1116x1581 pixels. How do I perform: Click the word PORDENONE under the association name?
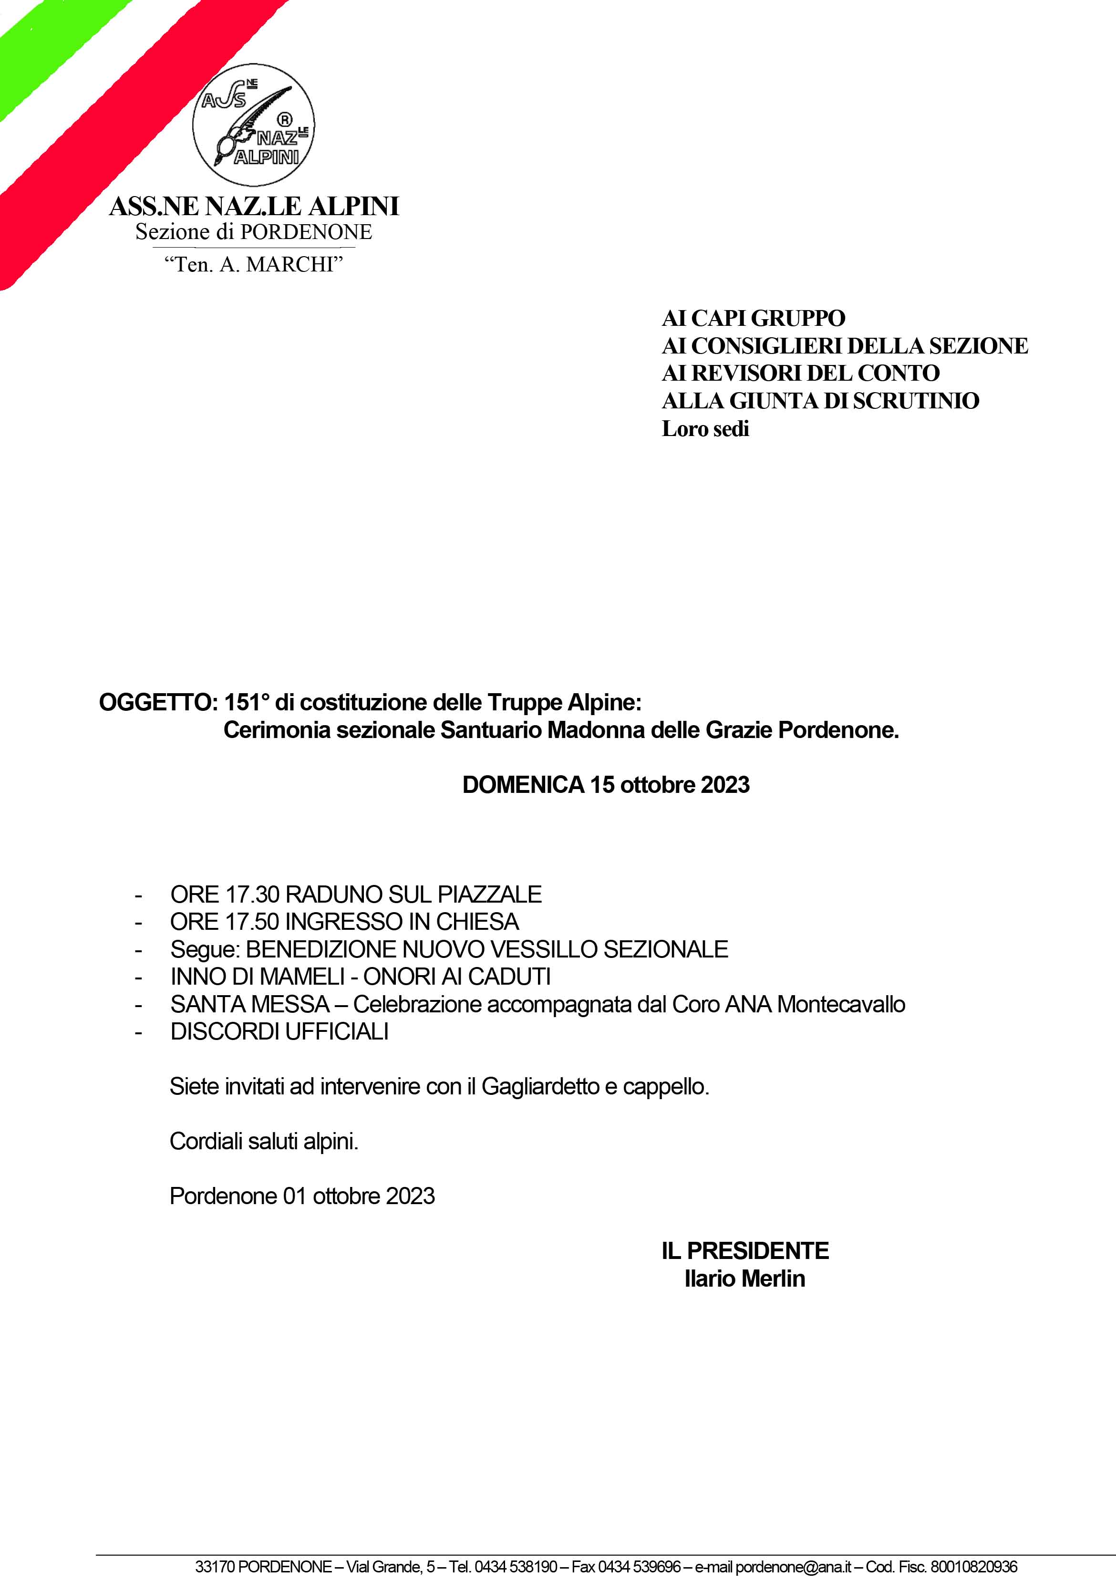(x=306, y=232)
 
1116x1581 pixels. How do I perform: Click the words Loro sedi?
(x=705, y=429)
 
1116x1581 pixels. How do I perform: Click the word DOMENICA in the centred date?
(x=523, y=785)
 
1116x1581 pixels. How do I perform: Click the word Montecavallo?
(x=841, y=1005)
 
